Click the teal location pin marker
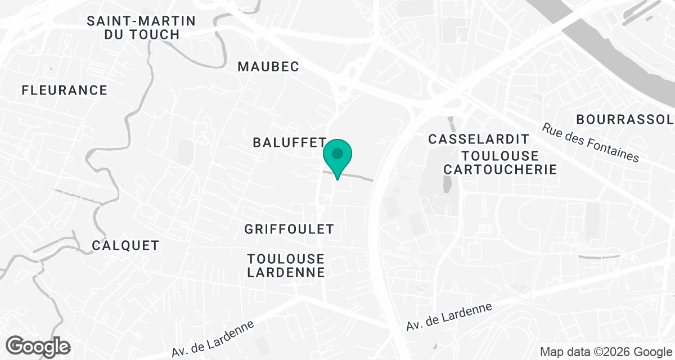(337, 155)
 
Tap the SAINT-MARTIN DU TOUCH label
(141, 28)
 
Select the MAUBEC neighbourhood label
(268, 66)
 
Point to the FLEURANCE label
(64, 90)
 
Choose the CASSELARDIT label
(479, 139)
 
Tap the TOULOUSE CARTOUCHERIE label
(500, 162)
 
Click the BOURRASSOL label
(624, 119)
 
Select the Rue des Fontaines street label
(591, 143)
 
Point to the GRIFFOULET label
(289, 229)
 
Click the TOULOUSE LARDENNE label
(286, 265)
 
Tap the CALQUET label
(125, 246)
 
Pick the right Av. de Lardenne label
(449, 317)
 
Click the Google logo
(38, 346)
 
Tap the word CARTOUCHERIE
(500, 169)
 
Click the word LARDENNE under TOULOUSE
(286, 272)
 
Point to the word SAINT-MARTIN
(141, 21)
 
